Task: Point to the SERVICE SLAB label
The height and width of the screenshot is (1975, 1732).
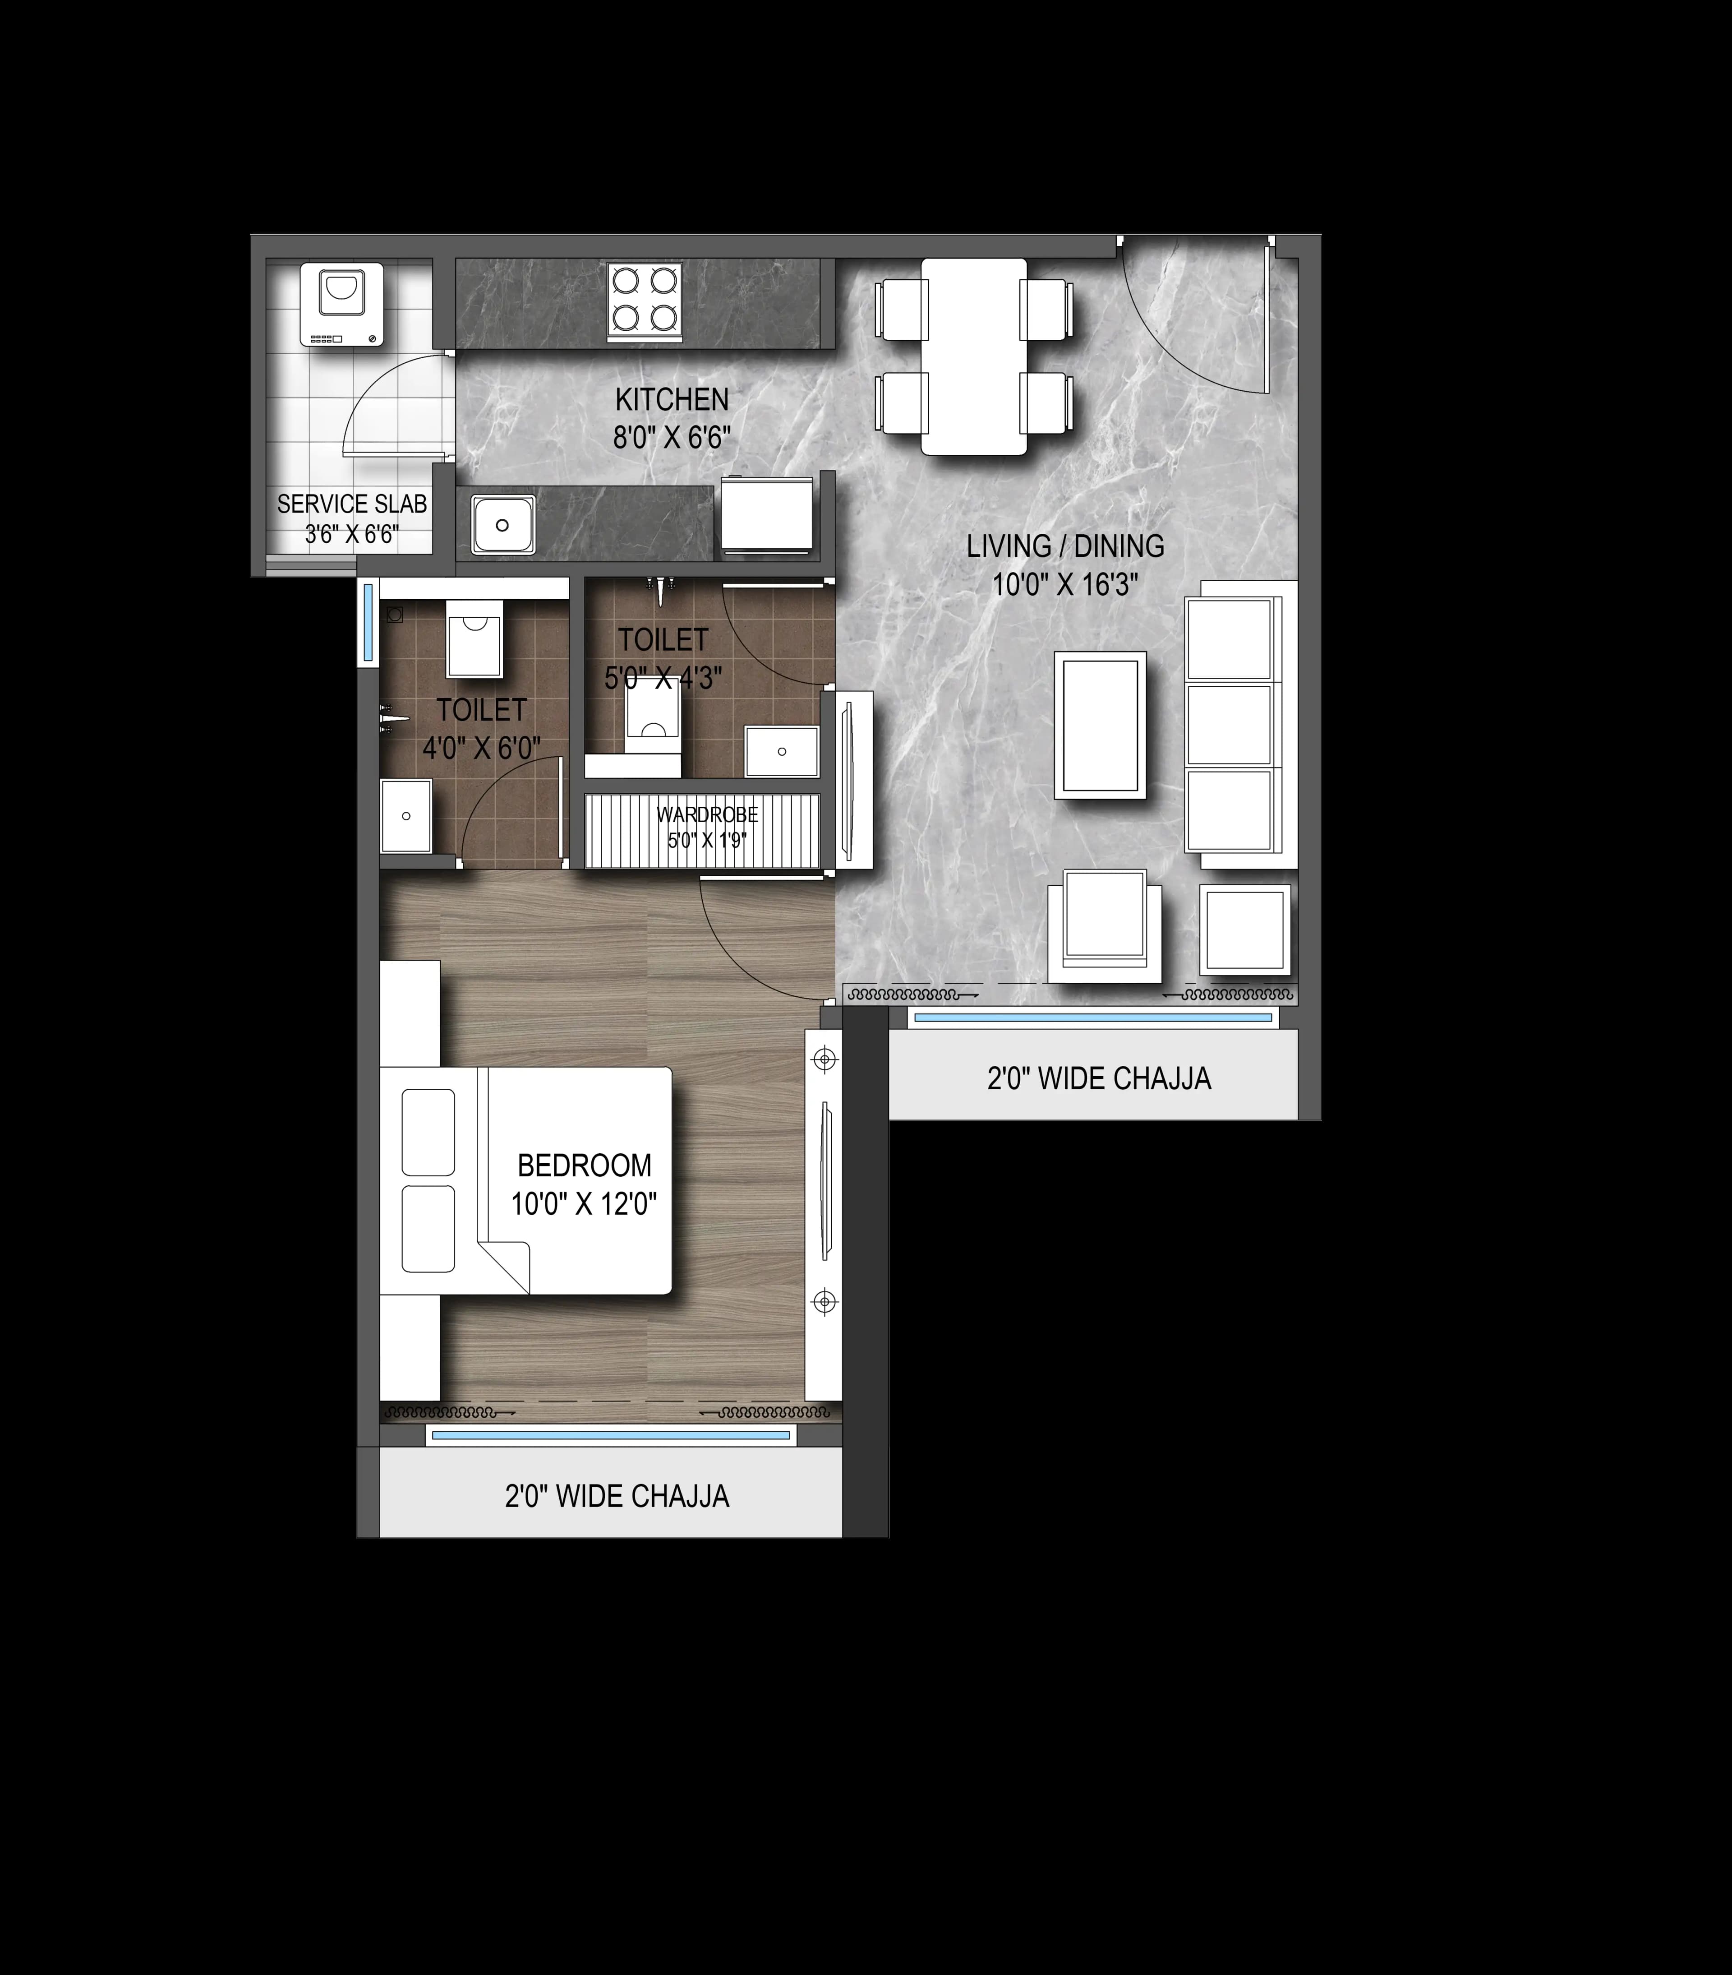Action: [x=352, y=504]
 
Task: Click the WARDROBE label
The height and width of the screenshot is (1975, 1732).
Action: [x=707, y=814]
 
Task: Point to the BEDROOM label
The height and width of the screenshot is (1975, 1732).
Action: [x=585, y=1166]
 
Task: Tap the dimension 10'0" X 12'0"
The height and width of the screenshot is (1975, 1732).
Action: [x=585, y=1204]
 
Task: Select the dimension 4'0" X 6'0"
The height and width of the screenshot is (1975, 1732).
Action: [x=481, y=747]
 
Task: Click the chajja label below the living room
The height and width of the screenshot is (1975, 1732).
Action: [x=1098, y=1078]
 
